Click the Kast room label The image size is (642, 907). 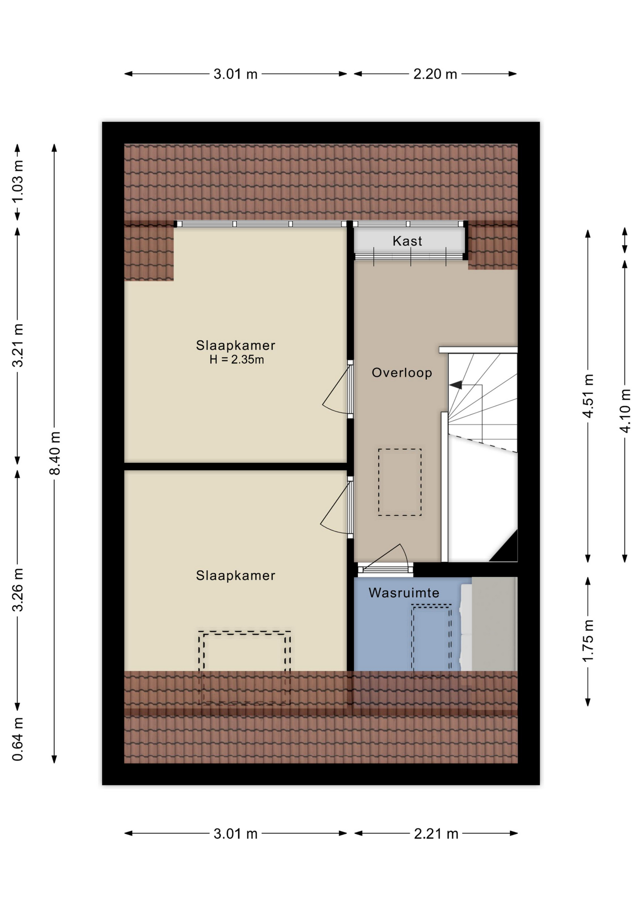[407, 241]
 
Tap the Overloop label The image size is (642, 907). [402, 373]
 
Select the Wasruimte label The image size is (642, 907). [404, 592]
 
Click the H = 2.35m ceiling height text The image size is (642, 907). [236, 359]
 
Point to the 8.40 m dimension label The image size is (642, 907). [55, 453]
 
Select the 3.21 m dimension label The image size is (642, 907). [17, 345]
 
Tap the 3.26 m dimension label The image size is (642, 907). [17, 590]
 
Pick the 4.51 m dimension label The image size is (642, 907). [588, 396]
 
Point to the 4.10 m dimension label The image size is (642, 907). [625, 411]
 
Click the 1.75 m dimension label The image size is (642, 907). [588, 641]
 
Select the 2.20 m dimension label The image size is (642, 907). [435, 74]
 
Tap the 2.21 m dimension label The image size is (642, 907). [436, 834]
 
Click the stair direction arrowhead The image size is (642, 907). [456, 385]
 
